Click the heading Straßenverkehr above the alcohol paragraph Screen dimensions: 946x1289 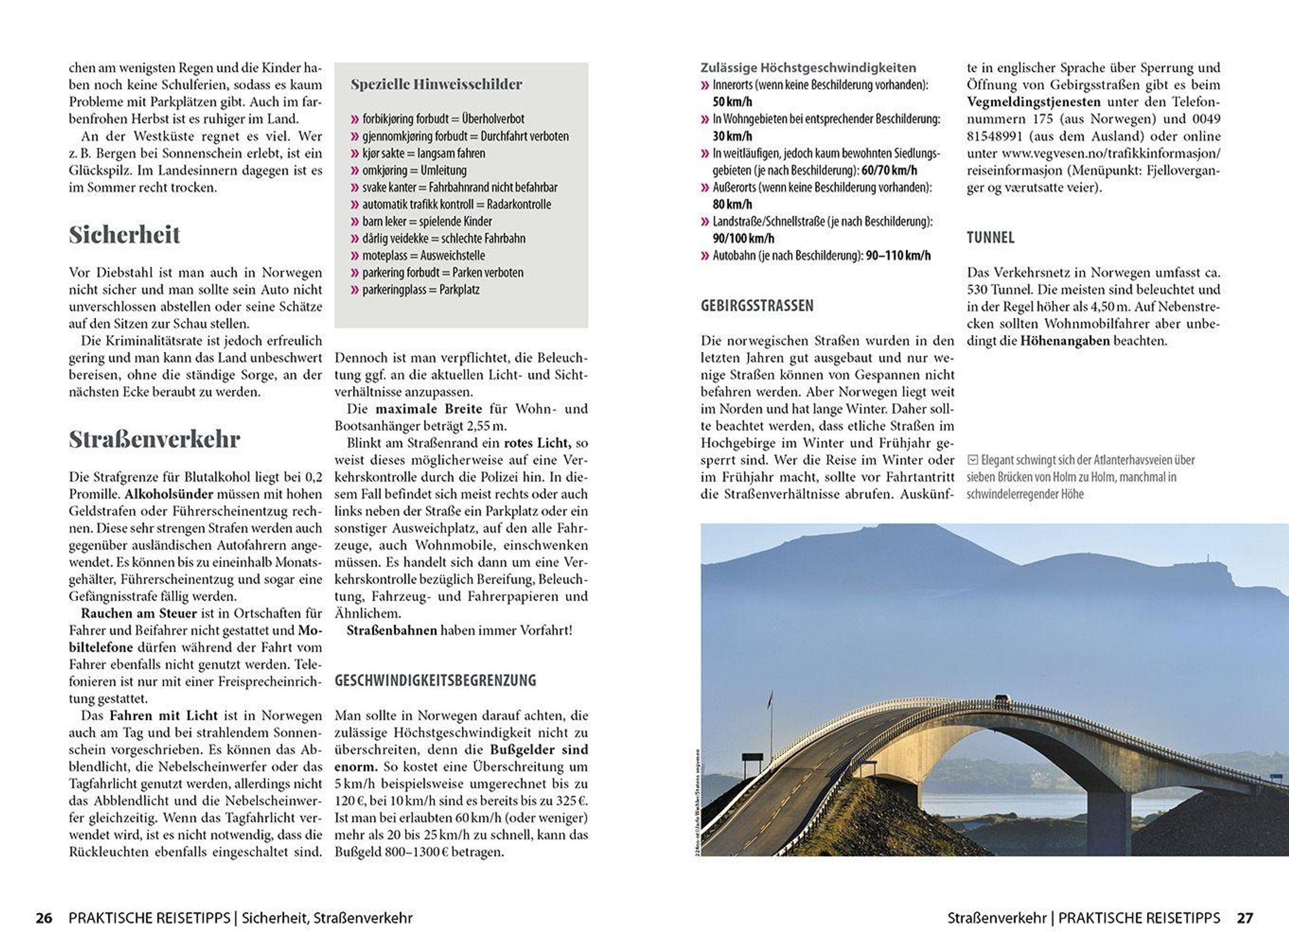click(154, 440)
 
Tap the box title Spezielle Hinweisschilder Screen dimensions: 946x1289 click(436, 85)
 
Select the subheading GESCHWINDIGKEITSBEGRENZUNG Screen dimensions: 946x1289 click(436, 680)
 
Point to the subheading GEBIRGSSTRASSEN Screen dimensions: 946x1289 click(757, 306)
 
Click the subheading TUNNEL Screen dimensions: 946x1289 click(990, 238)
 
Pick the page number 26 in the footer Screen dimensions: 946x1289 click(44, 918)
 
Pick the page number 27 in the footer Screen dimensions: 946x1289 click(1244, 918)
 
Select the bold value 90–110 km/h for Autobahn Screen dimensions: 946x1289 click(897, 256)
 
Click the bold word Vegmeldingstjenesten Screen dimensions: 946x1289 click(1033, 102)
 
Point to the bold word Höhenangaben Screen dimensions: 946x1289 click(1064, 341)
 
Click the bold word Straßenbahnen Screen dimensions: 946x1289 click(392, 630)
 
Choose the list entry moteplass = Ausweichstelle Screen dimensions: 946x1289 click(423, 256)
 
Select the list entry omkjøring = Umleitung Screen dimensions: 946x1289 click(414, 171)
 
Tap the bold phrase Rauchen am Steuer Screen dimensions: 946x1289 click(139, 613)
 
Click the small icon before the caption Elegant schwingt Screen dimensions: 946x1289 click(972, 460)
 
